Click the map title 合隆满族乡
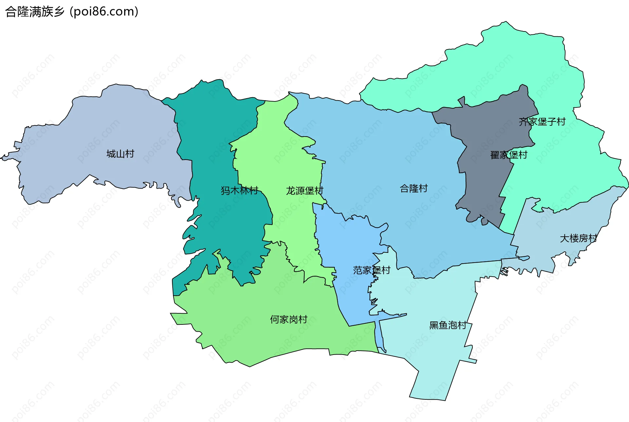[35, 12]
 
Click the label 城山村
[120, 154]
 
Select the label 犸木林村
[239, 190]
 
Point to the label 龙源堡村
[304, 191]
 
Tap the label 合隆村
[414, 189]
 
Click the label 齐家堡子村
[542, 122]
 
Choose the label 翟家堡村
[508, 155]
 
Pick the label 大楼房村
[579, 238]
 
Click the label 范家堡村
[372, 270]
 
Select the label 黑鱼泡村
[448, 325]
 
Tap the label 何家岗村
[288, 320]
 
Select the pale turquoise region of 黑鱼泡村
[432, 360]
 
